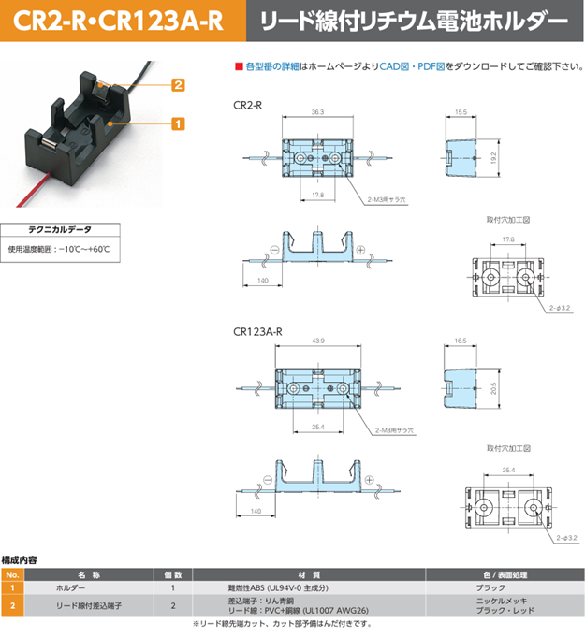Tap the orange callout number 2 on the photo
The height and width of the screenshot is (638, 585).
[x=176, y=85]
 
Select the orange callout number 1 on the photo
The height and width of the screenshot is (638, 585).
[x=176, y=123]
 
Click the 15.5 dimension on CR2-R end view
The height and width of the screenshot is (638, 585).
[x=460, y=112]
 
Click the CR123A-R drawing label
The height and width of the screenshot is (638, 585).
[x=257, y=331]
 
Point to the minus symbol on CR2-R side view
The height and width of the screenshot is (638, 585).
[x=275, y=249]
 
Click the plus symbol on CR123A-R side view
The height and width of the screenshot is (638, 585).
[x=368, y=480]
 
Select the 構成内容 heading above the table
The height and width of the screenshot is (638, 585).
[x=21, y=559]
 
